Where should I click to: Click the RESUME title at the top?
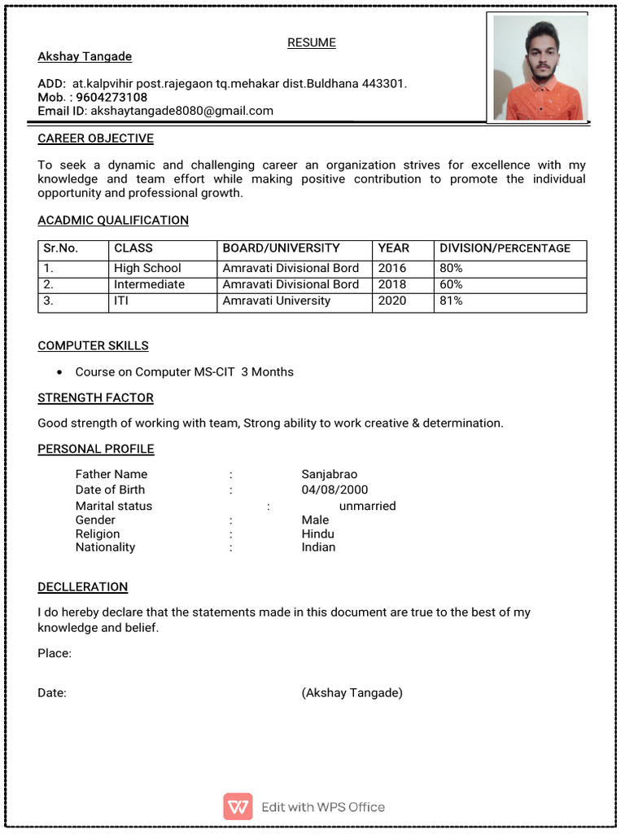tap(312, 42)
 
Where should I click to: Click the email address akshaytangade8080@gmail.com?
tap(181, 111)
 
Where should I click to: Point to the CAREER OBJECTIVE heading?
tap(95, 138)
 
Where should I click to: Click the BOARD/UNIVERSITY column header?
tap(281, 248)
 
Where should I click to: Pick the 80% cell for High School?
tap(451, 268)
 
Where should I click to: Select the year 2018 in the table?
tap(392, 284)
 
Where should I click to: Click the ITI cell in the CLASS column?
tap(121, 301)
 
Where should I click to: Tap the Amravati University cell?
tap(277, 301)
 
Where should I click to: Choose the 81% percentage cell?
tap(451, 301)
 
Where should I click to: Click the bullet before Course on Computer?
tap(60, 372)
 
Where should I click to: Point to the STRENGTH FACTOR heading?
tap(95, 397)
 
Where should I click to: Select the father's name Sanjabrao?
tap(330, 474)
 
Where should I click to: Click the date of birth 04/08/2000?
tap(334, 489)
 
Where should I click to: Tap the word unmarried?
tap(367, 506)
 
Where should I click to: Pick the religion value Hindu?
tap(317, 534)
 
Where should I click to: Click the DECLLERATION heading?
tap(82, 586)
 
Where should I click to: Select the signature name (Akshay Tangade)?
tap(352, 693)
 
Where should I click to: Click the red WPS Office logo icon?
tap(238, 806)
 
